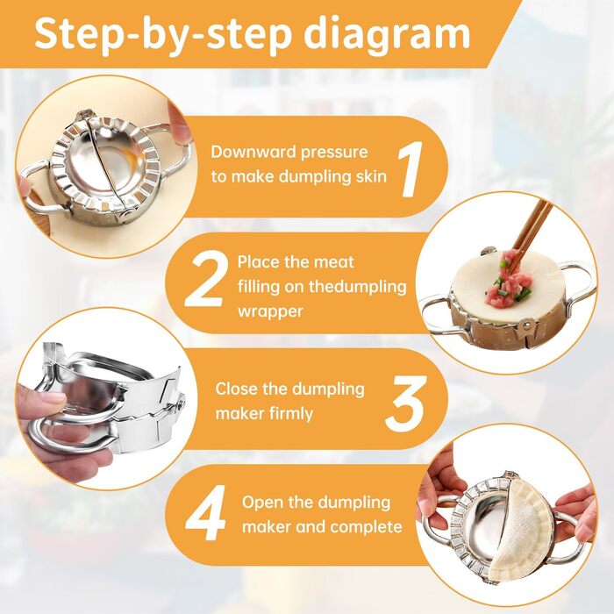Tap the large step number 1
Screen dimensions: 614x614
click(410, 168)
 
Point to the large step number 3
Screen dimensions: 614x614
click(405, 403)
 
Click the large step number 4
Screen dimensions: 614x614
click(205, 513)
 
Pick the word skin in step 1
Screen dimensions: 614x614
click(371, 176)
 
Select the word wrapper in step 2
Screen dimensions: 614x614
click(270, 311)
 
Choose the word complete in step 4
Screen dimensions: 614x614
click(366, 527)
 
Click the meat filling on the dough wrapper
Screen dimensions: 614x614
click(508, 279)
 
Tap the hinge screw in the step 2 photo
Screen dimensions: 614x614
click(527, 323)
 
